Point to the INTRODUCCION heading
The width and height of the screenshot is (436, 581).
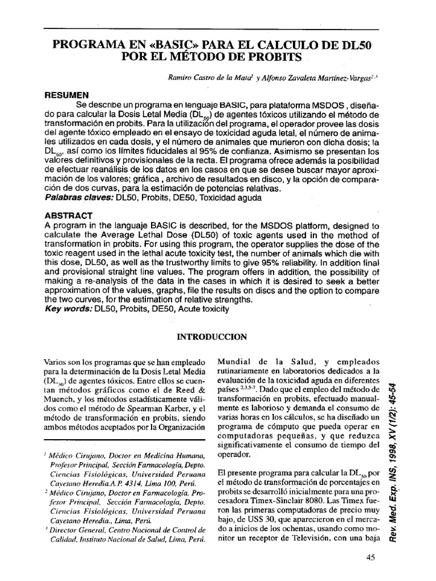212,336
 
